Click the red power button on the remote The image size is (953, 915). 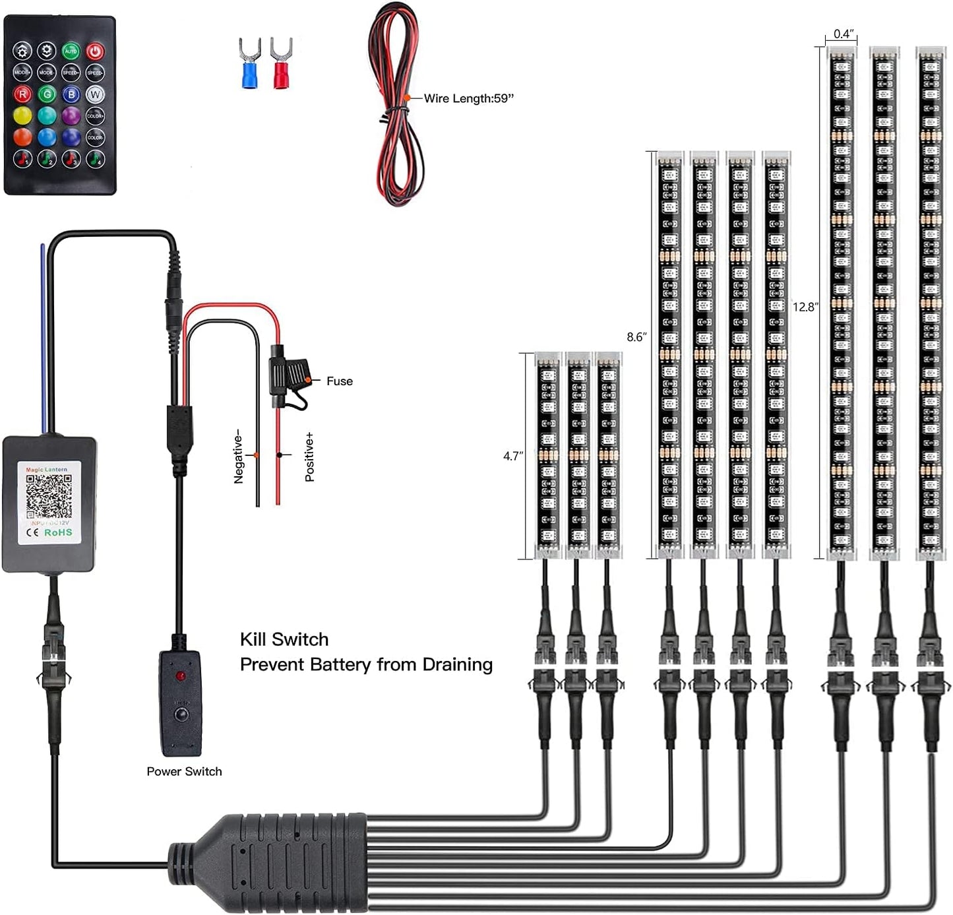(95, 51)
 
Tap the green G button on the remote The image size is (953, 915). (47, 94)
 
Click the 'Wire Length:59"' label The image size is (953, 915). (468, 98)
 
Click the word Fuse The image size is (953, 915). (339, 381)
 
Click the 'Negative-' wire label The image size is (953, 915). (239, 458)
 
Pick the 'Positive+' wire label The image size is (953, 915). (309, 457)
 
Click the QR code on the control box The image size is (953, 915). (49, 496)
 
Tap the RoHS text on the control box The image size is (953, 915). (58, 532)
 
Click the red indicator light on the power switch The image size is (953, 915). (179, 677)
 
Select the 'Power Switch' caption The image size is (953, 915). (184, 771)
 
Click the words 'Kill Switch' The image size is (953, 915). (284, 639)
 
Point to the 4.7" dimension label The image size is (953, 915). (513, 456)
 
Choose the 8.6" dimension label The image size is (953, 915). (636, 337)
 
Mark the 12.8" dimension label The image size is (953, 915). (805, 307)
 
